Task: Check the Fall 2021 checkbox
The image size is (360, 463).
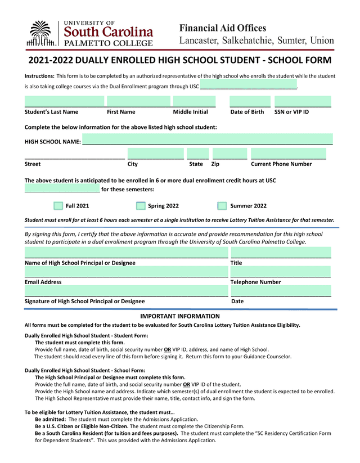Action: click(x=58, y=206)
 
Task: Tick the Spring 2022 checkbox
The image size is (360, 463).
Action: click(x=141, y=206)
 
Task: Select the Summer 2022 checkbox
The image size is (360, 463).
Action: click(x=222, y=206)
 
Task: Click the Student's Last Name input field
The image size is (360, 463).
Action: click(x=64, y=102)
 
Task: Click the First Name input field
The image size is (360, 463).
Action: click(x=138, y=102)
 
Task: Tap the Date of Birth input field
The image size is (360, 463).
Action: click(x=250, y=102)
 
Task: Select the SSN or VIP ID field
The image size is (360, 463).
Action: click(x=303, y=102)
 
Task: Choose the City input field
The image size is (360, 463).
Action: click(x=155, y=154)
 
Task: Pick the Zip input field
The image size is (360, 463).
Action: click(x=229, y=154)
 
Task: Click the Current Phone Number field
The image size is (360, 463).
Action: click(x=289, y=154)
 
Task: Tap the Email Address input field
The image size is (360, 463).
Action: click(x=126, y=272)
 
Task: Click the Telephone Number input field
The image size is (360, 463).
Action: click(x=281, y=272)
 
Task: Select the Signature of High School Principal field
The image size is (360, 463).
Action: click(x=126, y=291)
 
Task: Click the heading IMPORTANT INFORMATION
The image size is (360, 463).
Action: click(x=179, y=316)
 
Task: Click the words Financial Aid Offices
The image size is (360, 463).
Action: click(x=223, y=28)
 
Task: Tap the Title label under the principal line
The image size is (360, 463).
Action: click(x=236, y=263)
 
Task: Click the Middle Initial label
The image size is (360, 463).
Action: click(x=190, y=112)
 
